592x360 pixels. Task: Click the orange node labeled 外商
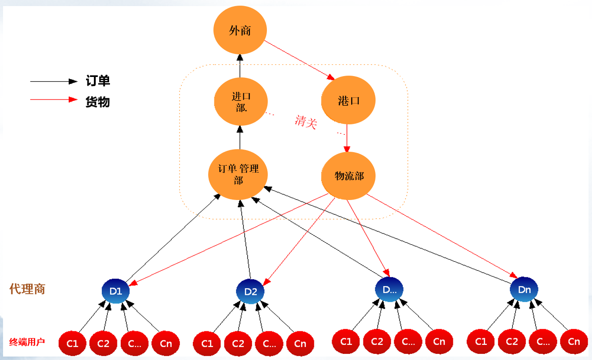[240, 30]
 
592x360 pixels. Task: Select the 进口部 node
[240, 101]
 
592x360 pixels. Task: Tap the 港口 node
[348, 100]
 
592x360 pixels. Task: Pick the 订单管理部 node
[238, 175]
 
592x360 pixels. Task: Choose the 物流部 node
[349, 176]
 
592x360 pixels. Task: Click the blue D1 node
[116, 291]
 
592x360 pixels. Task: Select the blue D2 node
[250, 291]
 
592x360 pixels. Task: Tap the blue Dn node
[524, 290]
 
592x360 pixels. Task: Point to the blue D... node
[389, 290]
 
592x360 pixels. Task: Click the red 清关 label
[306, 122]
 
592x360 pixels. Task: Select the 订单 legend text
[98, 81]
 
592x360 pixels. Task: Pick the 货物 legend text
[98, 102]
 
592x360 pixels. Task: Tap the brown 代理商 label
[27, 289]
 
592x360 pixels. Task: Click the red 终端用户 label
[27, 342]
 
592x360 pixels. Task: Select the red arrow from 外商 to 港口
[299, 60]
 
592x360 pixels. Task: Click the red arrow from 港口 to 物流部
[347, 138]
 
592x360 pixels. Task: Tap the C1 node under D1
[72, 344]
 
